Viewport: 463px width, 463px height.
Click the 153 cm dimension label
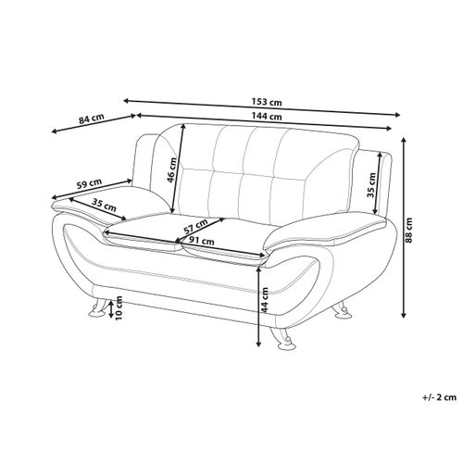(x=267, y=102)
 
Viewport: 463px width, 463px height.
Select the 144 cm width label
(x=267, y=117)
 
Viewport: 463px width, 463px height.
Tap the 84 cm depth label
(x=91, y=119)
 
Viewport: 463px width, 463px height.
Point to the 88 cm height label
(x=409, y=231)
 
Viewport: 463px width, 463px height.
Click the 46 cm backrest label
(x=172, y=169)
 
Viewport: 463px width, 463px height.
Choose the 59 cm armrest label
(x=89, y=183)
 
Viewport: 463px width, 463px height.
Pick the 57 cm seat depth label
(x=195, y=227)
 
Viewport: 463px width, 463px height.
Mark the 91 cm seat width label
(x=202, y=241)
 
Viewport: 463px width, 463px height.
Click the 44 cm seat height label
(x=265, y=300)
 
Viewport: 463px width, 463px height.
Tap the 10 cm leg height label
(x=119, y=307)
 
